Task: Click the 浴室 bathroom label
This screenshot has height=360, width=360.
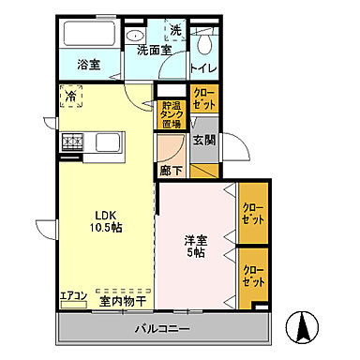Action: point(88,66)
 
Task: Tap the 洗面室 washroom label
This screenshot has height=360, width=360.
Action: point(153,50)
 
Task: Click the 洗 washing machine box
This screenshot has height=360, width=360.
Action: point(175,29)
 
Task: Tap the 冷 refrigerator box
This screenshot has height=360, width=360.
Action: point(71,97)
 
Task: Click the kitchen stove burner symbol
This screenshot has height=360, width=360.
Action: point(72,142)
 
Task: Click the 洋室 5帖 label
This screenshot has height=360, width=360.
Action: point(195,247)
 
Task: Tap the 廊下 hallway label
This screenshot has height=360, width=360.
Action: point(172,172)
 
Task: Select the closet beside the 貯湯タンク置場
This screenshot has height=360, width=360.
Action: point(203,99)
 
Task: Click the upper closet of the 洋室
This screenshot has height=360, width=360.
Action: point(251,214)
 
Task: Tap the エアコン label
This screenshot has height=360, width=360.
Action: point(73,297)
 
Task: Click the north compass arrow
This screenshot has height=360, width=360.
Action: point(303,327)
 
